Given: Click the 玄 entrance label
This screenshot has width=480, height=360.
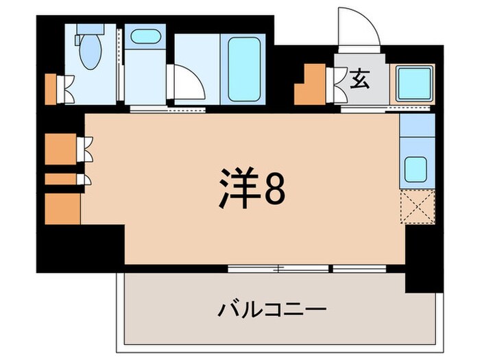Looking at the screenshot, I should pyautogui.click(x=359, y=81).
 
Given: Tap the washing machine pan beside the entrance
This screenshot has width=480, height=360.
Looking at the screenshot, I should pyautogui.click(x=413, y=84).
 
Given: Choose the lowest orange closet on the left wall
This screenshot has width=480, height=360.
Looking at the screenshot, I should pyautogui.click(x=62, y=208).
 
